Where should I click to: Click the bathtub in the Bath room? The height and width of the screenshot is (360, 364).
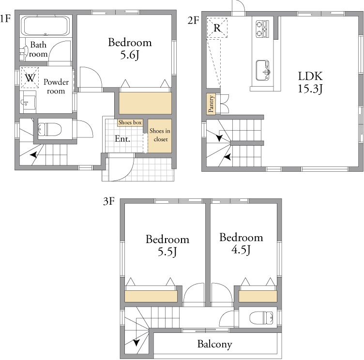point(45,26)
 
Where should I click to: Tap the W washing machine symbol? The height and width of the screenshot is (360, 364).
point(30,78)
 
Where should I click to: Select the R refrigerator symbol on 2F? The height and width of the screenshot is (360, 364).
point(217,28)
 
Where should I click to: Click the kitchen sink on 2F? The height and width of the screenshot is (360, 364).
point(263,70)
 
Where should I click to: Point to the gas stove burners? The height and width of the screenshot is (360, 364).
point(262,29)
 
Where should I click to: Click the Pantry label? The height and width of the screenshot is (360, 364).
point(211,104)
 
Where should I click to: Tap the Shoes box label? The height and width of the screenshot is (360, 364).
point(130,122)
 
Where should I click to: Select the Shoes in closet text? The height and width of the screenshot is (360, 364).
point(160,135)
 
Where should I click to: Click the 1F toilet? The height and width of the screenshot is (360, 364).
point(50,129)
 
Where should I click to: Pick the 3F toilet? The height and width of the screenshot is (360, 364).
point(261,317)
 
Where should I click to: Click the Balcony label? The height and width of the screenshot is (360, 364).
point(215,344)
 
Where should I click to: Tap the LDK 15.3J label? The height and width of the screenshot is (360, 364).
point(310,82)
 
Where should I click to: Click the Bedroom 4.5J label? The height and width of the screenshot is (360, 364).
point(242,243)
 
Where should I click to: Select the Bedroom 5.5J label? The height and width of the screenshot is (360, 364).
point(167,246)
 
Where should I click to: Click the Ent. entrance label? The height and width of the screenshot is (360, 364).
point(122,139)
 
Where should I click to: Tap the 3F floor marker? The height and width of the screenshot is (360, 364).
point(109,201)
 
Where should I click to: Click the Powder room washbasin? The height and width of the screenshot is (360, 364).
point(28,102)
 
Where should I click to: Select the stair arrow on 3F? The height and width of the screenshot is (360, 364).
point(136,342)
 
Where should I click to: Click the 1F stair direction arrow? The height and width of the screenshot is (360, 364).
point(34,154)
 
